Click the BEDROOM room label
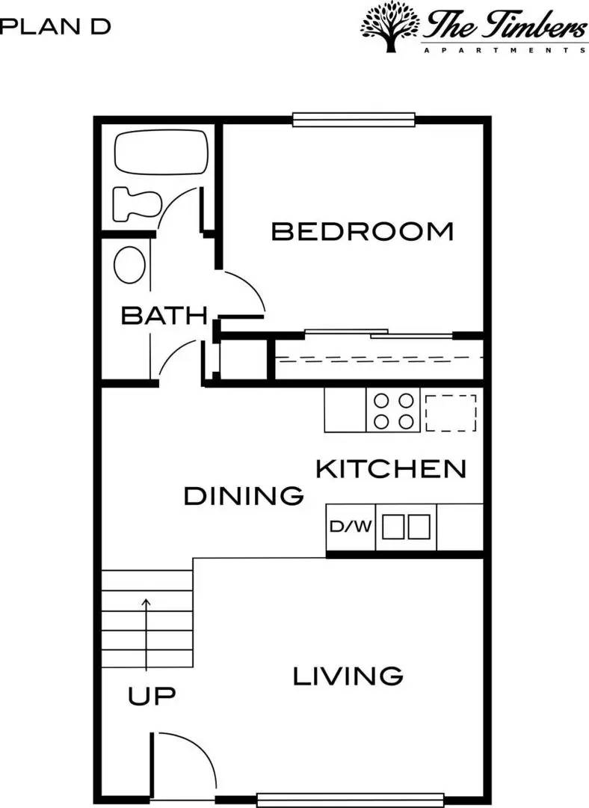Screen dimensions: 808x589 (x=363, y=231)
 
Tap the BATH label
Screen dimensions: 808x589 (x=164, y=316)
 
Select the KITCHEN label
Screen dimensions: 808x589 (x=391, y=469)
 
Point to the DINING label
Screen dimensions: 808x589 (x=244, y=495)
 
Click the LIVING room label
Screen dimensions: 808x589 (x=348, y=676)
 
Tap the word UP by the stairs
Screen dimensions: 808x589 (x=152, y=697)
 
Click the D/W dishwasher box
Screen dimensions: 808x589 (x=351, y=527)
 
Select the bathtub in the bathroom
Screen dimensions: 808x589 (x=161, y=153)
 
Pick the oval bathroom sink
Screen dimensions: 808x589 (x=130, y=265)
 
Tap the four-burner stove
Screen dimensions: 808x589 (x=394, y=411)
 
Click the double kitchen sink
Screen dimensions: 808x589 (x=407, y=527)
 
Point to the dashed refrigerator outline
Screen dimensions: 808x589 (x=451, y=412)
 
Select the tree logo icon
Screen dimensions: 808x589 (x=389, y=26)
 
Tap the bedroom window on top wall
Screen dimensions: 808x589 (x=354, y=120)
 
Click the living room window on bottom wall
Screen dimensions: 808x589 (x=350, y=800)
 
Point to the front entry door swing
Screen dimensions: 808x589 (x=185, y=759)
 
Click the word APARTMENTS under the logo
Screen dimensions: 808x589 (x=505, y=50)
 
